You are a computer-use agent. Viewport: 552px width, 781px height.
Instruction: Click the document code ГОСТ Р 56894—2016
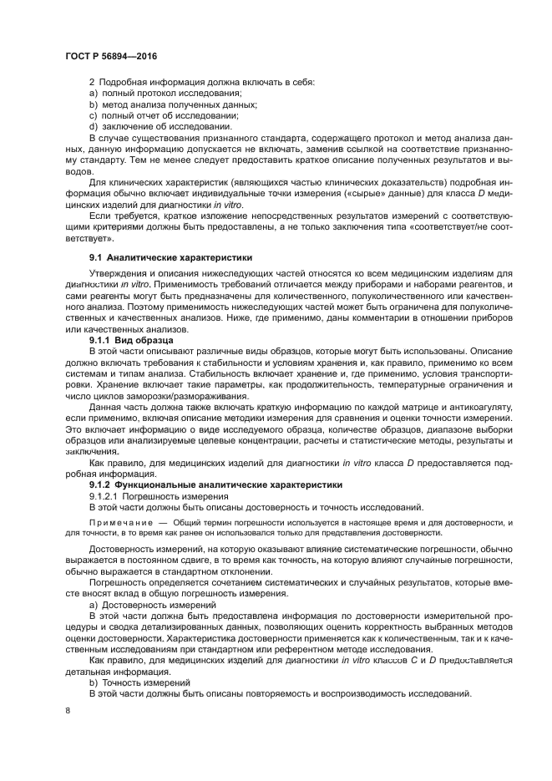click(110, 56)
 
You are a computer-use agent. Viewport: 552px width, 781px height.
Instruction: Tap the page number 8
click(68, 710)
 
